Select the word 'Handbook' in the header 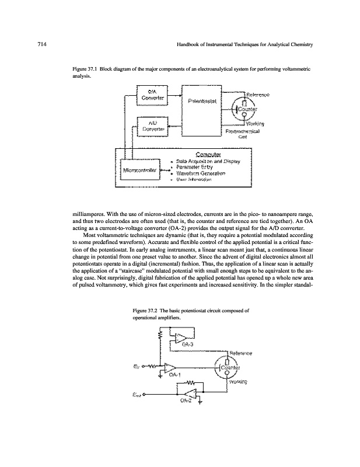pyautogui.click(x=189, y=45)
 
